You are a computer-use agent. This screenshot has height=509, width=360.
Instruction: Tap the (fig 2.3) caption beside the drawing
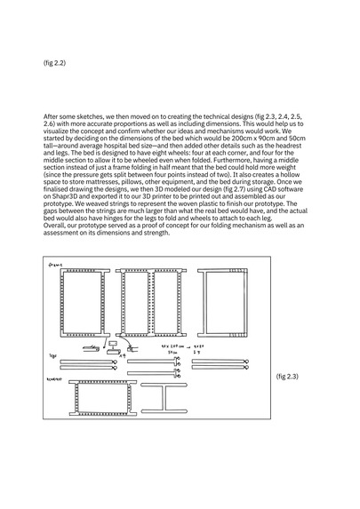coord(289,377)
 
